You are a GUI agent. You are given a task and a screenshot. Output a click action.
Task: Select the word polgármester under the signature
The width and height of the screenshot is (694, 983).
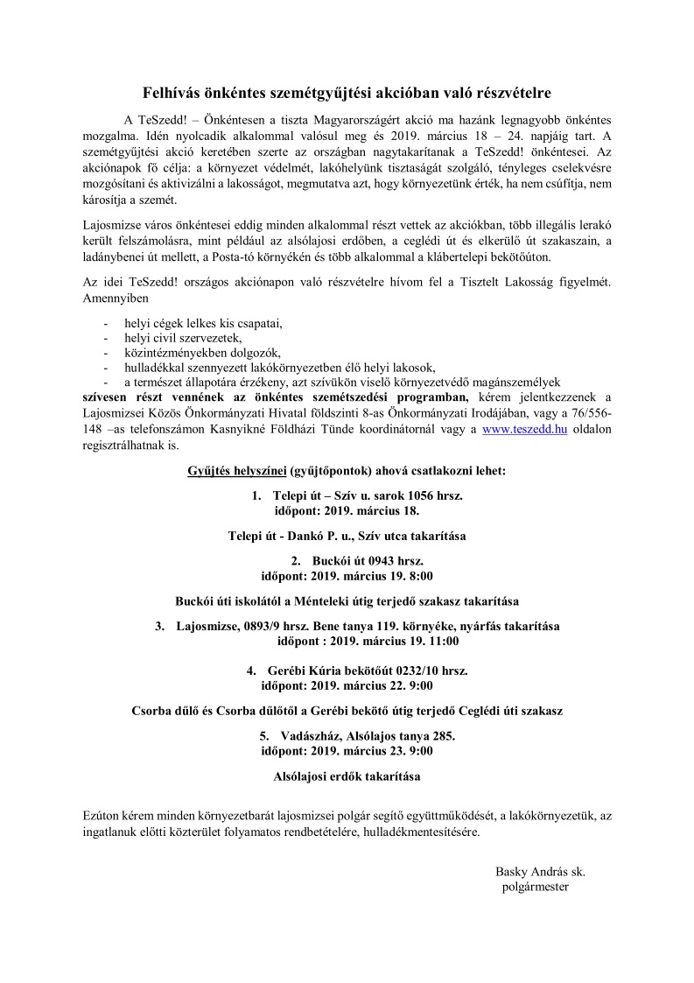[x=536, y=886]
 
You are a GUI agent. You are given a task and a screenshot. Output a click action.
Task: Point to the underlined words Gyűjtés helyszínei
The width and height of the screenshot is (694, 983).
[x=236, y=470]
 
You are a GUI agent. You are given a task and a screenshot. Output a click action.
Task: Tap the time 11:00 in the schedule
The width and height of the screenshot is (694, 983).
[x=443, y=641]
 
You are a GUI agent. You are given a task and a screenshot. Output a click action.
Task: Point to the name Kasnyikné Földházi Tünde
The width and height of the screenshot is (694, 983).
[x=370, y=429]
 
